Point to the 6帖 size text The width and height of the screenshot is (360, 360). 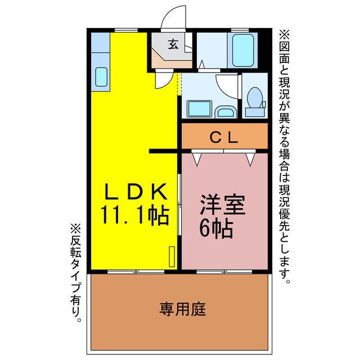pos(217,228)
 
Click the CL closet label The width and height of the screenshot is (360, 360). pos(224,136)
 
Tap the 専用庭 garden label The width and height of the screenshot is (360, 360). pos(182,308)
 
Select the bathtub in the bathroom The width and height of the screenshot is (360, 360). pos(242,51)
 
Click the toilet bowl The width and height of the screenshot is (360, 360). pos(254,97)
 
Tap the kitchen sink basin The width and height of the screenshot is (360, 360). pos(101,76)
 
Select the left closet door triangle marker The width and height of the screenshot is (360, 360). pos(197,159)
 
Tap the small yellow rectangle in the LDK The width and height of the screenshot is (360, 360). pos(172,256)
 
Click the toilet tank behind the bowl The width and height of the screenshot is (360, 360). pos(255,111)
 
